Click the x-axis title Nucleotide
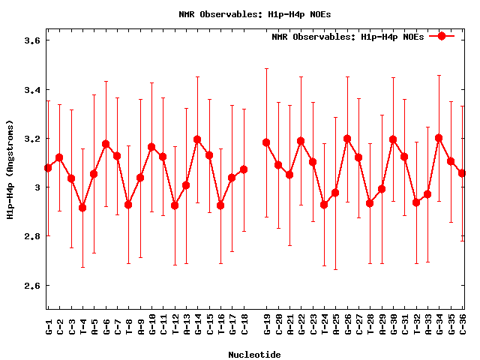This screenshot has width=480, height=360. [255, 355]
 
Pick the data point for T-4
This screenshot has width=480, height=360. [82, 208]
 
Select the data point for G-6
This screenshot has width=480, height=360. [106, 144]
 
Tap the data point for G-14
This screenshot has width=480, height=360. [197, 139]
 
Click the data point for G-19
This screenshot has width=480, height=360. [266, 142]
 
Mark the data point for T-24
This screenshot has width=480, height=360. [324, 205]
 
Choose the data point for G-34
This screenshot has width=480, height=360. [439, 138]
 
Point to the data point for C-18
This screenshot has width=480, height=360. [244, 169]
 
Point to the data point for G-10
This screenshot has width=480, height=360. [151, 147]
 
